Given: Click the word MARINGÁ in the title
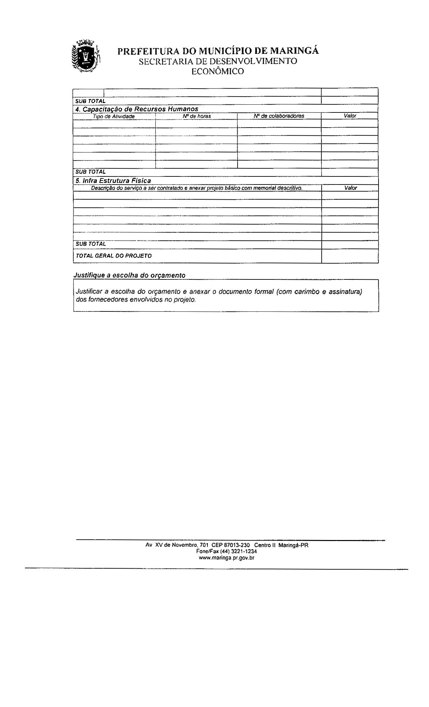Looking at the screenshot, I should click(294, 51).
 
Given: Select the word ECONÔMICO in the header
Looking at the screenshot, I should click(217, 71).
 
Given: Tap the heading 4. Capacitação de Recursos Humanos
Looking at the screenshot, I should click(137, 109).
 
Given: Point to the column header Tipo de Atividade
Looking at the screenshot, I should click(114, 116).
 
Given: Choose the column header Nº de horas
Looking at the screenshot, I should click(196, 116).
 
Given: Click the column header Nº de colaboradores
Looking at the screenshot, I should click(279, 116).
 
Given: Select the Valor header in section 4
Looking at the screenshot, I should click(350, 116).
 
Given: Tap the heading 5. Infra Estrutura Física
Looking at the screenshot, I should click(113, 181).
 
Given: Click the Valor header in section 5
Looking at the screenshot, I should click(350, 188).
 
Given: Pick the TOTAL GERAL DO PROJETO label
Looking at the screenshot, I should click(114, 256).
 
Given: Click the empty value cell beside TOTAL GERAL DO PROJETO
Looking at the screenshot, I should click(350, 256).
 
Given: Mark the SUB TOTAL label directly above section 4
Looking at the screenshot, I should click(91, 101).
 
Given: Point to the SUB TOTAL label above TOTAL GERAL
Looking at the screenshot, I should click(91, 244).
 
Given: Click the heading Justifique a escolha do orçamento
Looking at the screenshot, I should click(129, 275).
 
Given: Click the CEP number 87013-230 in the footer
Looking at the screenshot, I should click(237, 545).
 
